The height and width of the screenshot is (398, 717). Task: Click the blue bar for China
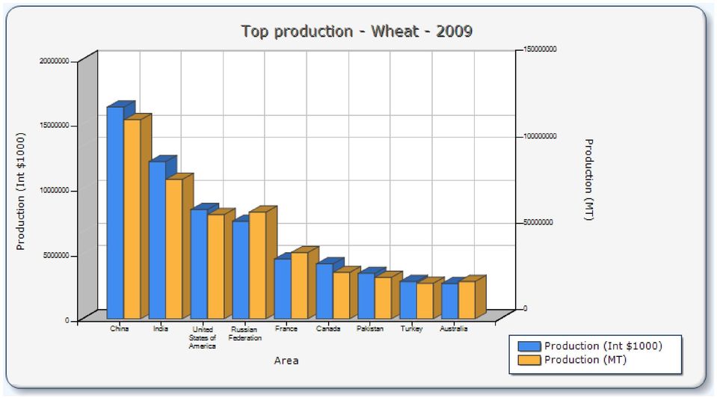[115, 212]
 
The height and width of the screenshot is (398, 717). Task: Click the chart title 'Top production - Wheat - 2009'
[357, 31]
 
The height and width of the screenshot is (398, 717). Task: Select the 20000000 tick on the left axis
[55, 61]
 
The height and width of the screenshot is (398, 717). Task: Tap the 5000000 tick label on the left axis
[56, 255]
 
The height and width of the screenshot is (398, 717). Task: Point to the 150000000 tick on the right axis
[540, 49]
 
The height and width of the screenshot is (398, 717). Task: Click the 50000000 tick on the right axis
[538, 222]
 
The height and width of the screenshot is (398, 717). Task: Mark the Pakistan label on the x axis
[370, 328]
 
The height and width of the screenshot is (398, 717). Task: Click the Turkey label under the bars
[411, 328]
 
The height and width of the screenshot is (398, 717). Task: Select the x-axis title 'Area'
[286, 361]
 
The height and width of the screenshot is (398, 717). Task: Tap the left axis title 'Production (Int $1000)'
[21, 192]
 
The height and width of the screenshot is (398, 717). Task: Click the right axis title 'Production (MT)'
[589, 180]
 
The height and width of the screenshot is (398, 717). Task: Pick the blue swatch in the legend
[529, 346]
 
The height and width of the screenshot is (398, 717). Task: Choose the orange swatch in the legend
[529, 360]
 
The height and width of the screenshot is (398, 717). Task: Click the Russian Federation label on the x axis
[245, 334]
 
